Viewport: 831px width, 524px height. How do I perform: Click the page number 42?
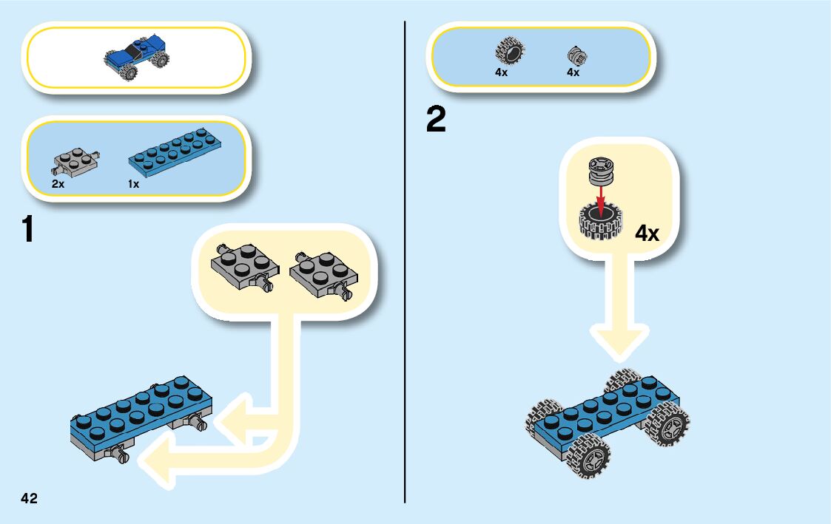tap(29, 498)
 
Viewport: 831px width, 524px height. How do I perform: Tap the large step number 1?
tap(28, 229)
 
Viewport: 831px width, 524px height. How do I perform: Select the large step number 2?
tap(437, 120)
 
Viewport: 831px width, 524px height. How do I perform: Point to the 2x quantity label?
tap(58, 184)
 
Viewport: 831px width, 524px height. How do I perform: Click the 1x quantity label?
tap(133, 184)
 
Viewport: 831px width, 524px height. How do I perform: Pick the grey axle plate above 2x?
tap(76, 159)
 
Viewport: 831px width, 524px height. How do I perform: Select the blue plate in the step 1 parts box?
tap(175, 153)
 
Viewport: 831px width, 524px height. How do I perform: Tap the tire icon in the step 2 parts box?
tap(508, 52)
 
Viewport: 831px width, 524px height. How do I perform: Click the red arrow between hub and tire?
tap(601, 196)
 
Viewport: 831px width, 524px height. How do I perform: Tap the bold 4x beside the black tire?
tap(647, 234)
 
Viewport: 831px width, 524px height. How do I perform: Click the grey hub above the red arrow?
tap(601, 171)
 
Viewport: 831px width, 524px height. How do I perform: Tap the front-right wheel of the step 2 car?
tap(669, 424)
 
